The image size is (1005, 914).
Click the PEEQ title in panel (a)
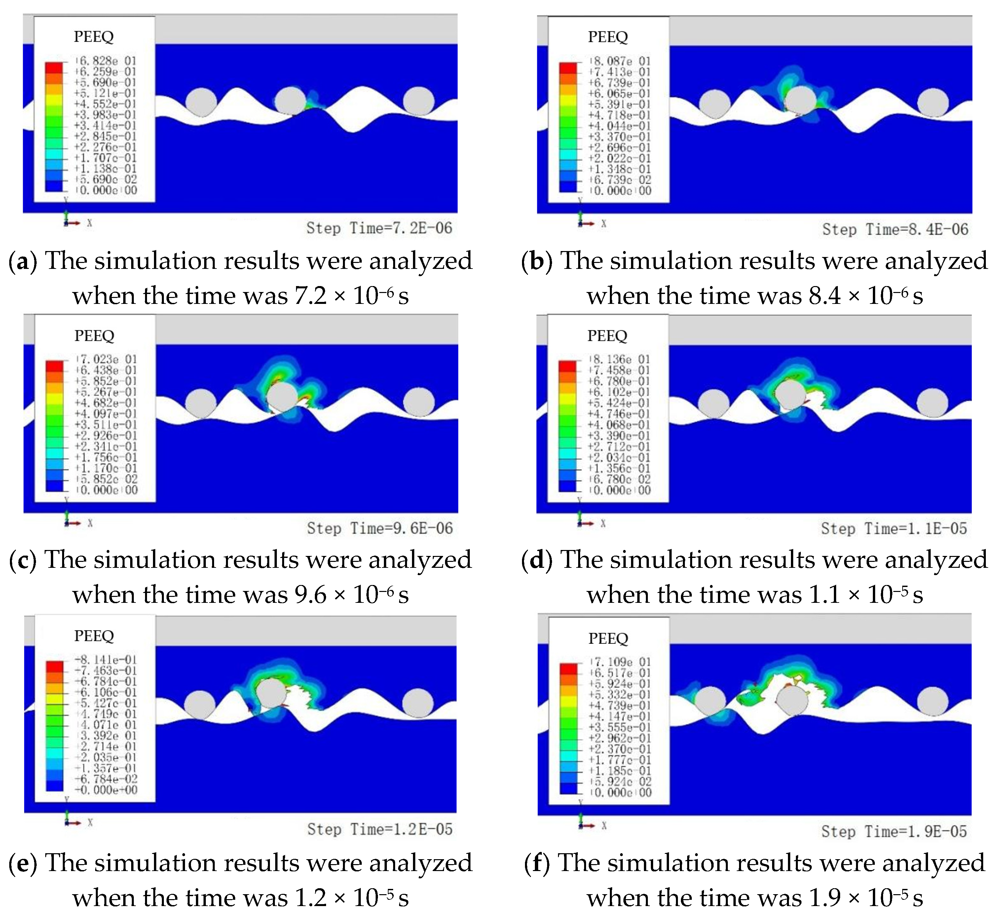(94, 36)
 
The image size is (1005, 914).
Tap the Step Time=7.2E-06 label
(379, 228)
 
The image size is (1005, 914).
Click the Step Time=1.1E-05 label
(894, 529)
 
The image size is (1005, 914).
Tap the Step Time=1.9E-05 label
(894, 831)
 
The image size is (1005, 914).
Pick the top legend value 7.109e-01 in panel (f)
(620, 662)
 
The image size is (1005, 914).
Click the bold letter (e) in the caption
(23, 863)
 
